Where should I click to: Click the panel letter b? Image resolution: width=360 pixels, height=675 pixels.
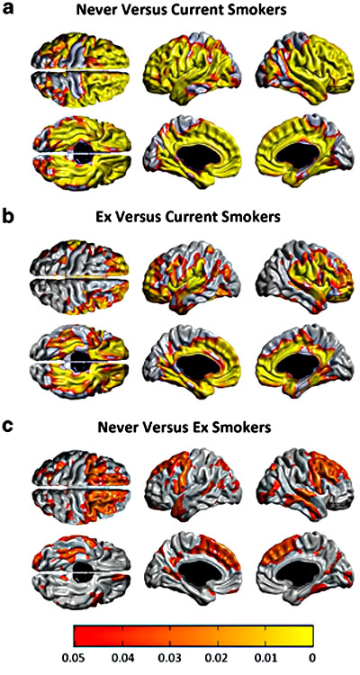[9, 215]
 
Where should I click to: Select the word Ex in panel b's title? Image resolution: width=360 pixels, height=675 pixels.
[103, 217]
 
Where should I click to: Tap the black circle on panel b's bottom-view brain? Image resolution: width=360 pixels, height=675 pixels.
[80, 361]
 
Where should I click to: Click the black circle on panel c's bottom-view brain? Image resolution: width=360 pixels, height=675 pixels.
[82, 569]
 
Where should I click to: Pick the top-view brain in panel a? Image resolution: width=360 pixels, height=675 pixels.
[80, 68]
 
